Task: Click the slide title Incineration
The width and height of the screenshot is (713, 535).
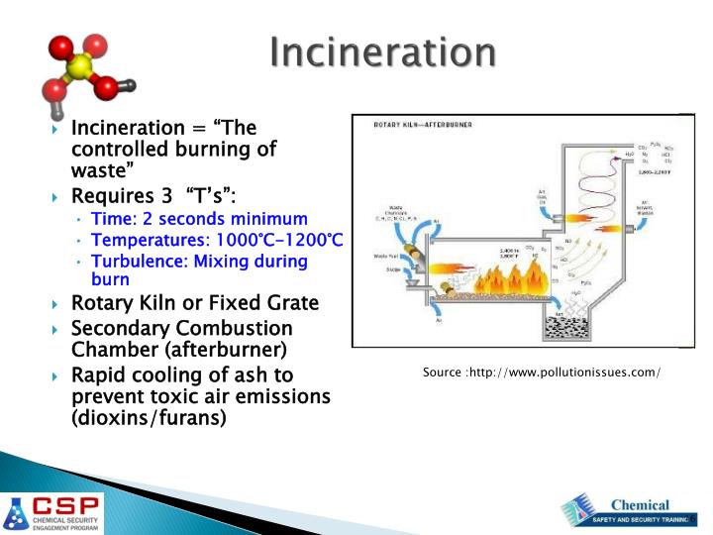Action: pyautogui.click(x=383, y=52)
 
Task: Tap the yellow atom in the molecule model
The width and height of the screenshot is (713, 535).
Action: pyautogui.click(x=80, y=67)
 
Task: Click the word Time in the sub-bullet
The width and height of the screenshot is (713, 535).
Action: pyautogui.click(x=110, y=219)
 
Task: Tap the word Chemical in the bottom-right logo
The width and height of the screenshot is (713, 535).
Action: pyautogui.click(x=639, y=504)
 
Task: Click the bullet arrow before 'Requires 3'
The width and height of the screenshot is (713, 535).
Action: pyautogui.click(x=56, y=197)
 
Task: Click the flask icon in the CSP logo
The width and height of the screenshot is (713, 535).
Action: pyautogui.click(x=17, y=512)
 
